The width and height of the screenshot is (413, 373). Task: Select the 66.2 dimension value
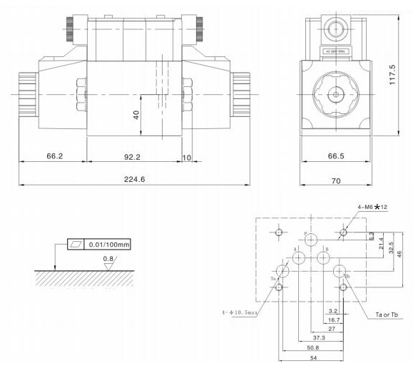click(x=54, y=155)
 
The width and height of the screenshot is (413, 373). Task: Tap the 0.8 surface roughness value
click(x=108, y=258)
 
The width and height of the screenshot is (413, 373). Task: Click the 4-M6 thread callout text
click(x=371, y=208)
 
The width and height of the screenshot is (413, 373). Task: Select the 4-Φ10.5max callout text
click(x=240, y=312)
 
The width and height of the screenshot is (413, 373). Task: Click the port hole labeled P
click(x=312, y=240)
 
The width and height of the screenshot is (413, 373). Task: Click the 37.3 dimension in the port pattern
click(x=319, y=337)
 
